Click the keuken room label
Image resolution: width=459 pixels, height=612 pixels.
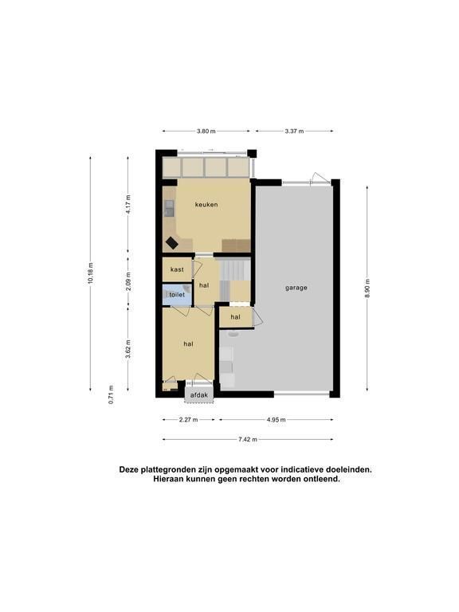206,205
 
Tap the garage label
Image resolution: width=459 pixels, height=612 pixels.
296,288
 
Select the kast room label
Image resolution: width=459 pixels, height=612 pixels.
177,269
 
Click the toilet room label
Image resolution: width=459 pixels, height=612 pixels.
177,295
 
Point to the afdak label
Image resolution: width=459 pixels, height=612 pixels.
199,395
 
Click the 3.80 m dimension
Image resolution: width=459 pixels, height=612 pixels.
206,131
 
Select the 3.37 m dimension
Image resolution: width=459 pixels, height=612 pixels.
294,131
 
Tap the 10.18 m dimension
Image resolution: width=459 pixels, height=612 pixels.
91,273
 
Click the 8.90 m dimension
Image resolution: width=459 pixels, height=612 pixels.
367,288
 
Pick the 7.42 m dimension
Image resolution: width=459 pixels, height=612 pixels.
248,440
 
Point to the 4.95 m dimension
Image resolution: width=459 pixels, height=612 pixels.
276,420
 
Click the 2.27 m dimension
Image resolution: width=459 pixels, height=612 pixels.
189,420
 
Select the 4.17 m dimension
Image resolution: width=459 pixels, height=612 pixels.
128,203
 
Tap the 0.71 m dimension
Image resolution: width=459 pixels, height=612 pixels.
112,394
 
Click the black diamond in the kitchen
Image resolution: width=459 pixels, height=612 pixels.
172,243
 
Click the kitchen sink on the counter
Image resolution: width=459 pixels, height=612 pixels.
170,208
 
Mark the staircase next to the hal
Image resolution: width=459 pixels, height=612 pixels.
234,280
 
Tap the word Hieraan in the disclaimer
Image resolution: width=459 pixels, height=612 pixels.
168,478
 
